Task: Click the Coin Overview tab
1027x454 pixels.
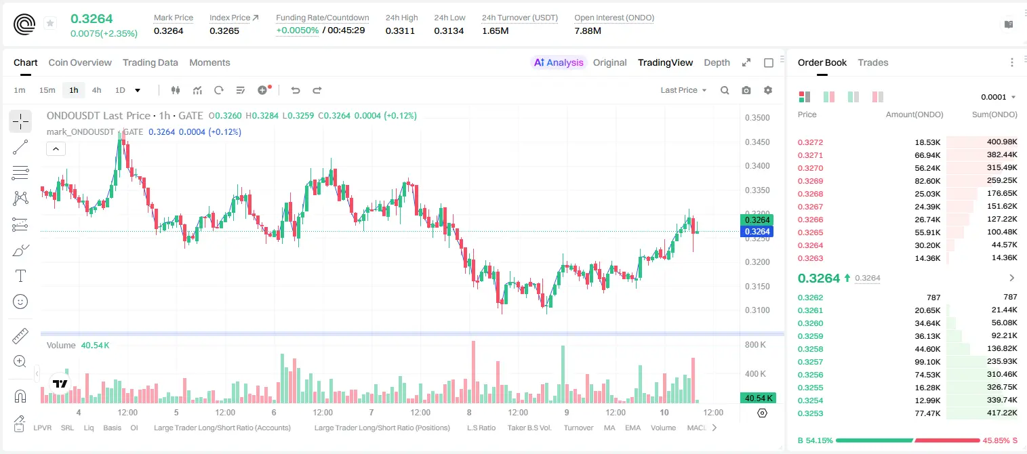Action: coord(80,62)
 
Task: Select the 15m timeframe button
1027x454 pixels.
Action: coord(47,90)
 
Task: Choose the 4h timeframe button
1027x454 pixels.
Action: coord(96,90)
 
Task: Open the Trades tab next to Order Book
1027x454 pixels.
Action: coord(873,62)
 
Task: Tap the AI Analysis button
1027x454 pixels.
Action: coord(559,62)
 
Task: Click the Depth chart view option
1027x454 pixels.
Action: coord(717,62)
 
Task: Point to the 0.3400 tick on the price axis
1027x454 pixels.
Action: coord(757,166)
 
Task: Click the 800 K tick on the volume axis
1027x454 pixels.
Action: coord(756,344)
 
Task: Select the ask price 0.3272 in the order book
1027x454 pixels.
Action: coord(810,142)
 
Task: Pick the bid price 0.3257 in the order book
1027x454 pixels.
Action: coord(810,362)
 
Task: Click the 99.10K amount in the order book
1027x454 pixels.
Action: coord(927,362)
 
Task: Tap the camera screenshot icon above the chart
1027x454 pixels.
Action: coord(746,90)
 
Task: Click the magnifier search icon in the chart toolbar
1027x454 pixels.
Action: coord(725,90)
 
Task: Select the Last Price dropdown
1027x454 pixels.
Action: coord(683,90)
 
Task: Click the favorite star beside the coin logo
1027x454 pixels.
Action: coord(50,23)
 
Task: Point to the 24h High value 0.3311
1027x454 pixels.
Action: coord(400,30)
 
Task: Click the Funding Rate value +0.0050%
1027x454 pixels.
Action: coord(297,30)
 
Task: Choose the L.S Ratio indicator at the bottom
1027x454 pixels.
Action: coord(481,428)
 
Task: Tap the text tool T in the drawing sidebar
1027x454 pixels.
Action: coord(20,276)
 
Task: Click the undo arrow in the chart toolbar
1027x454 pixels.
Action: coord(296,90)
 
